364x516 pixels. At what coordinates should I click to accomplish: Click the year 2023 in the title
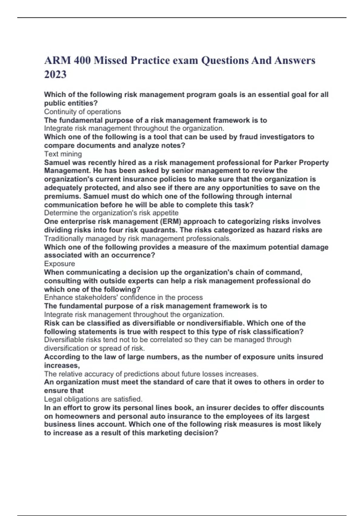55,74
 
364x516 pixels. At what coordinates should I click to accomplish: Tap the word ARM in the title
57,60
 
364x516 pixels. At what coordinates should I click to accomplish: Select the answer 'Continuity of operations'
83,112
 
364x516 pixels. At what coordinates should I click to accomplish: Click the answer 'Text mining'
63,154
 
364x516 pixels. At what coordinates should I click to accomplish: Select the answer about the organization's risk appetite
111,213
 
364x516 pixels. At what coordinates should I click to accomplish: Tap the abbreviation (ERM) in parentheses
170,221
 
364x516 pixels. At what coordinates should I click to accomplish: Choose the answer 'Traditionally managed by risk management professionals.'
137,239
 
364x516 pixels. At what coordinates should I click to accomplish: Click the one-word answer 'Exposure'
59,264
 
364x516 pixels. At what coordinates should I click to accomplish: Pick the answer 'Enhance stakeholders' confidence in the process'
123,297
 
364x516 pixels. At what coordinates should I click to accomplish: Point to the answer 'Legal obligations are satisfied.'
93,399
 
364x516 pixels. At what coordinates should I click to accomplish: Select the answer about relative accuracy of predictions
151,374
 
